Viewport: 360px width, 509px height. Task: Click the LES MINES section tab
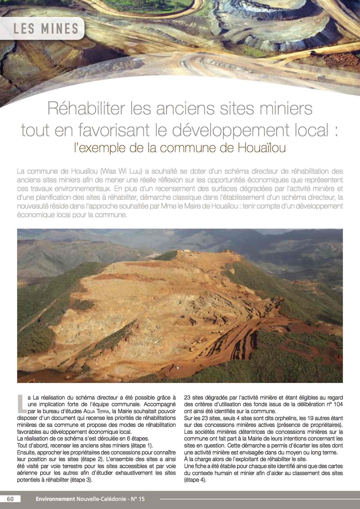pyautogui.click(x=46, y=29)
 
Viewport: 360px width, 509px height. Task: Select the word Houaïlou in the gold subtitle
pyautogui.click(x=262, y=148)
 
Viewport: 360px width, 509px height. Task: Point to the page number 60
pyautogui.click(x=10, y=499)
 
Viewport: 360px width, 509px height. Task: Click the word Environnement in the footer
pyautogui.click(x=55, y=499)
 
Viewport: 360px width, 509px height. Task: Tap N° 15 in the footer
pyautogui.click(x=138, y=499)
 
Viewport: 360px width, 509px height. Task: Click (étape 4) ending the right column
pyautogui.click(x=195, y=480)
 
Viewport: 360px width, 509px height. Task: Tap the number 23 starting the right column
pyautogui.click(x=188, y=398)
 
